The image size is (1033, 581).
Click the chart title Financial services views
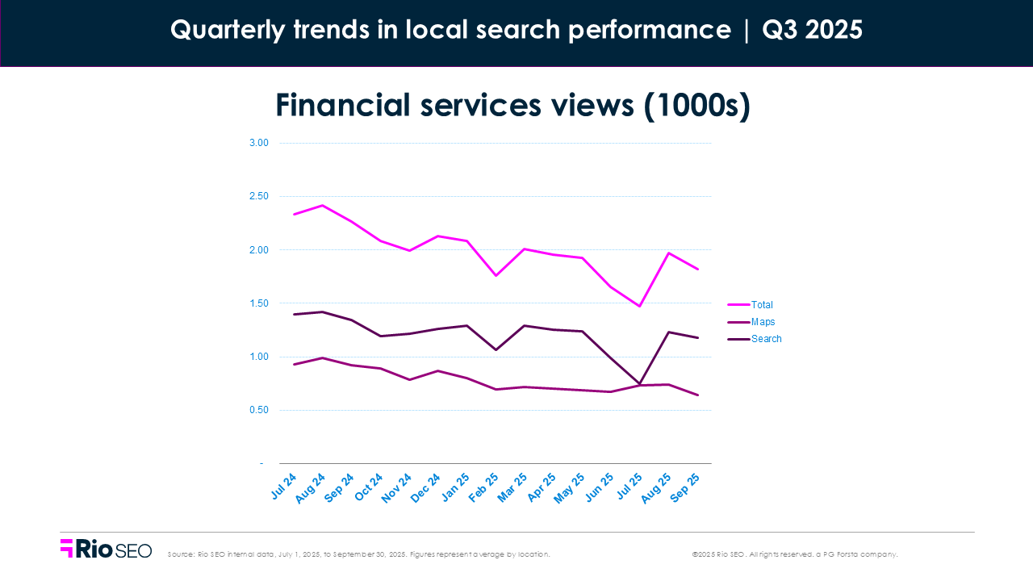click(513, 107)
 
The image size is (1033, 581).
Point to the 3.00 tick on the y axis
click(258, 143)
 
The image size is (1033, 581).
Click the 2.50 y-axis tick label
click(258, 196)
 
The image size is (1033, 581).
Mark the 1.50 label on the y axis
click(258, 303)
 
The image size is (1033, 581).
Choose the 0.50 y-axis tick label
click(258, 410)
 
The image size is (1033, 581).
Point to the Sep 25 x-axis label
click(687, 488)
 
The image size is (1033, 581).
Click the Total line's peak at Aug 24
click(323, 205)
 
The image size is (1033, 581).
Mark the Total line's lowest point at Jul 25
click(640, 306)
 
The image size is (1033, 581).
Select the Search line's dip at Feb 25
click(496, 349)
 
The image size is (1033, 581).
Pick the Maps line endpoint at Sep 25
click(697, 395)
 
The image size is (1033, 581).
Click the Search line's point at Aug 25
click(668, 332)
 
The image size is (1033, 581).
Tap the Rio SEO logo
click(106, 550)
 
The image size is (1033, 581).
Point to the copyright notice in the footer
click(794, 554)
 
